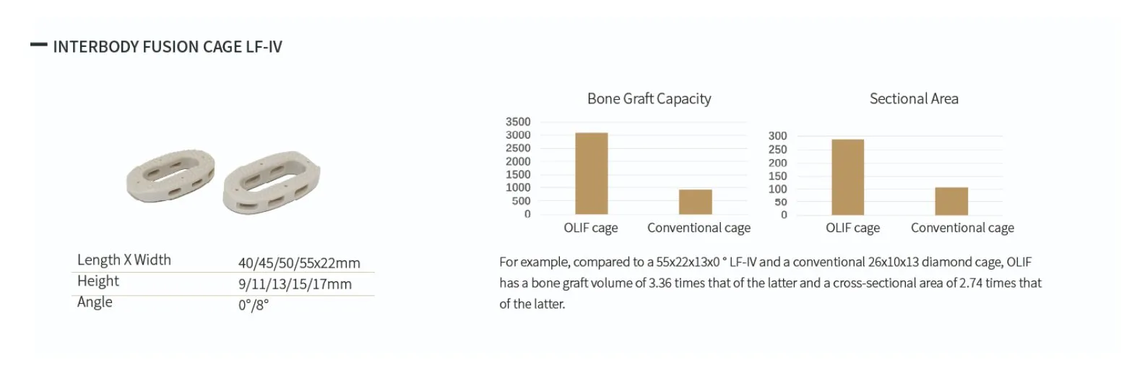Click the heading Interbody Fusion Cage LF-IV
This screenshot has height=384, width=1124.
coord(168,47)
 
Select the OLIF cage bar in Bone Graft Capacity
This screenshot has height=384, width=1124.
coord(591,174)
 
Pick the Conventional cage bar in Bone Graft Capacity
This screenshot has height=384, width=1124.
coord(695,202)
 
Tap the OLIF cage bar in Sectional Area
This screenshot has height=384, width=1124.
coord(847,177)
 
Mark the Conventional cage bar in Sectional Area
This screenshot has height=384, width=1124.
coord(951,201)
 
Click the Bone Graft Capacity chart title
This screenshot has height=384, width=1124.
coord(649,99)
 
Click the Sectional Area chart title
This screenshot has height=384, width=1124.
coord(914,99)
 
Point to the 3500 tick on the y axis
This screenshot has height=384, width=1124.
coord(518,121)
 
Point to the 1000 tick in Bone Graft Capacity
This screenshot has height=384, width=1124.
coord(518,187)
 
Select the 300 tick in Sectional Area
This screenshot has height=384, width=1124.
coord(777,136)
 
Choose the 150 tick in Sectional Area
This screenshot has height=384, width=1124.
coord(777,176)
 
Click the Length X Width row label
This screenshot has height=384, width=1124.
coord(124,260)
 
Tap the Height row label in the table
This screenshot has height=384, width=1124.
coord(98,281)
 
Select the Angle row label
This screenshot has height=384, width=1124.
coord(95,302)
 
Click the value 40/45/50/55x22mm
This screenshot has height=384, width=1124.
coord(299,263)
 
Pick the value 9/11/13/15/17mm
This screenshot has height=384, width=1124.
coord(295,284)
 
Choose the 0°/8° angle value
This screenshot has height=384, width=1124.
coord(254,304)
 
